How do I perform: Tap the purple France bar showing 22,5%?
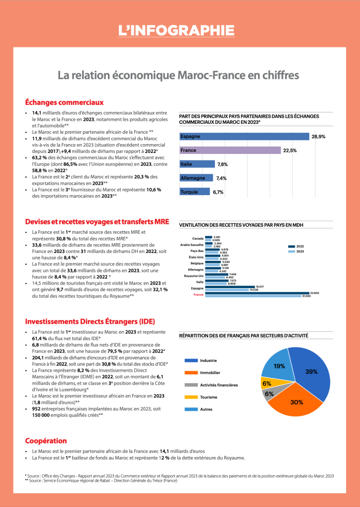(230, 150)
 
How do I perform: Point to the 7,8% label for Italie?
(222, 164)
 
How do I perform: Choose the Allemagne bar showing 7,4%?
(196, 178)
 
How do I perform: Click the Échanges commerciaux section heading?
(64, 102)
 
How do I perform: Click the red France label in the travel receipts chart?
(198, 294)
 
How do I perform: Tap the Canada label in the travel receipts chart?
(198, 239)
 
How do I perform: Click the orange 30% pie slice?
(296, 401)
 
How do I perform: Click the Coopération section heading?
(46, 441)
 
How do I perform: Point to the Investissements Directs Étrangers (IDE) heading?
(83, 320)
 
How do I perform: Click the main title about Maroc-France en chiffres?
(179, 75)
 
